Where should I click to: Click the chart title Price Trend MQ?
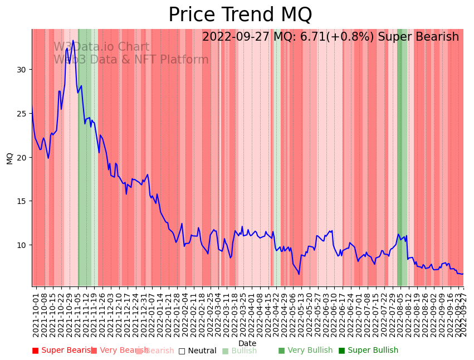[x=240, y=15]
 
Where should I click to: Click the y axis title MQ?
[x=9, y=158]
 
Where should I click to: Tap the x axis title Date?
[x=247, y=343]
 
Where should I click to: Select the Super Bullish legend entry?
[x=369, y=351]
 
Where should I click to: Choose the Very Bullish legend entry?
[x=306, y=351]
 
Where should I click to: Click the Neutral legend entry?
[x=198, y=351]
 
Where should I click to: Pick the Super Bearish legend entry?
[x=62, y=351]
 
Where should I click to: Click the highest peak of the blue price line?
[x=73, y=41]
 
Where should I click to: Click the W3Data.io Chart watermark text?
[x=101, y=47]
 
